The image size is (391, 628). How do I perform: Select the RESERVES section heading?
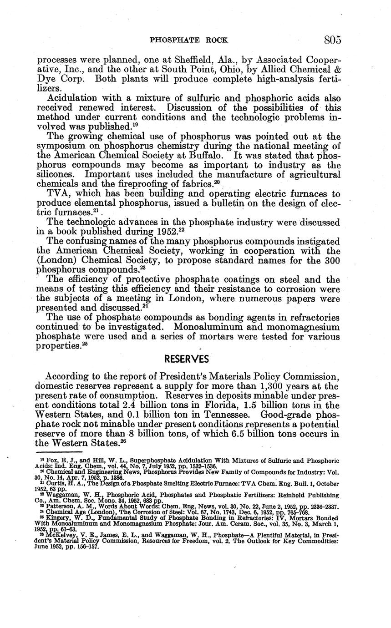(186, 359)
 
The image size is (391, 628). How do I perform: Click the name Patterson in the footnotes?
(56, 506)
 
